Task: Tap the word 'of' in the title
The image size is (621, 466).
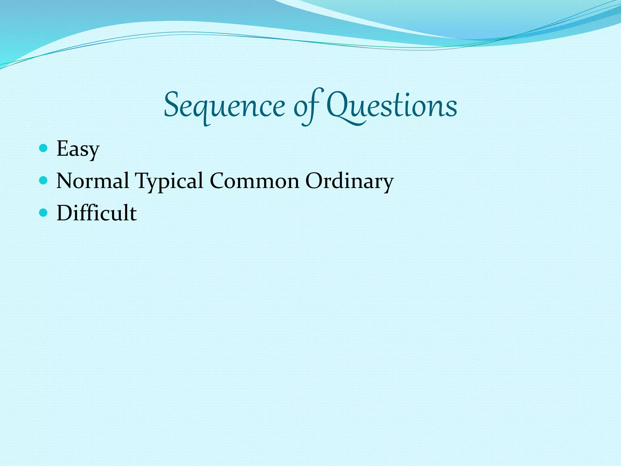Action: click(307, 106)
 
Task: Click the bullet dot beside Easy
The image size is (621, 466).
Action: click(44, 148)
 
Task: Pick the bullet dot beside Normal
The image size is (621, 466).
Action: click(44, 181)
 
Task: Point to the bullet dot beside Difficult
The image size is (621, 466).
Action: click(44, 213)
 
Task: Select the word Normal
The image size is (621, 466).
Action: click(93, 181)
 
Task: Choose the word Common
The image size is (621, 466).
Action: click(254, 181)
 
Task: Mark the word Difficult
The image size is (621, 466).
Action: click(96, 213)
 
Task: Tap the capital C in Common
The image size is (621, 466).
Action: click(218, 181)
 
